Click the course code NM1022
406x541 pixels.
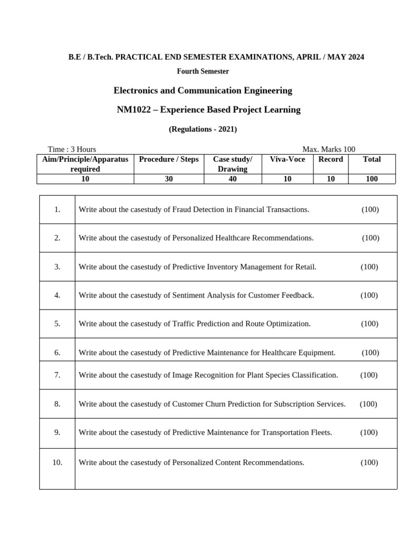[x=133, y=110]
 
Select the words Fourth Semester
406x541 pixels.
[x=202, y=71]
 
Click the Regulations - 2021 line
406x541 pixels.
[x=202, y=129]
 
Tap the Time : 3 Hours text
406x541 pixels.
[x=72, y=150]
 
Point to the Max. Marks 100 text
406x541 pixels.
[x=329, y=150]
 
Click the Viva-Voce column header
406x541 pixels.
[x=287, y=159]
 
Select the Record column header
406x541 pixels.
[x=330, y=159]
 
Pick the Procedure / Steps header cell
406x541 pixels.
[x=169, y=159]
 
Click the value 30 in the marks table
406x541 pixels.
[x=169, y=179]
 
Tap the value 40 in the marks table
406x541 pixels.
[x=233, y=179]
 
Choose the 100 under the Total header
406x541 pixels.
[x=372, y=179]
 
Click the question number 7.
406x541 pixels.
[x=57, y=375]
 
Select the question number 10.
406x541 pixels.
[x=57, y=463]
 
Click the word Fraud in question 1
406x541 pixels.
[x=183, y=210]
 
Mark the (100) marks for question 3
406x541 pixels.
[x=370, y=267]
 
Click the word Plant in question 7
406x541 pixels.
[x=256, y=375]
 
